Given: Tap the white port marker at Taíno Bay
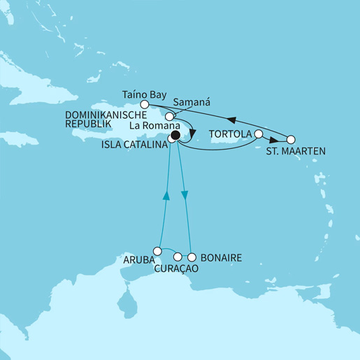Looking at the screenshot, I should [x=145, y=104].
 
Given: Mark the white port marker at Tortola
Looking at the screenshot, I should [x=259, y=133].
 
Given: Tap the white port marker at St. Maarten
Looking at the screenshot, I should [x=291, y=138].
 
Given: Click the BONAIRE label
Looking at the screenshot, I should [x=220, y=258].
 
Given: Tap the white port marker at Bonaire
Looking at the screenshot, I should [x=192, y=257].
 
